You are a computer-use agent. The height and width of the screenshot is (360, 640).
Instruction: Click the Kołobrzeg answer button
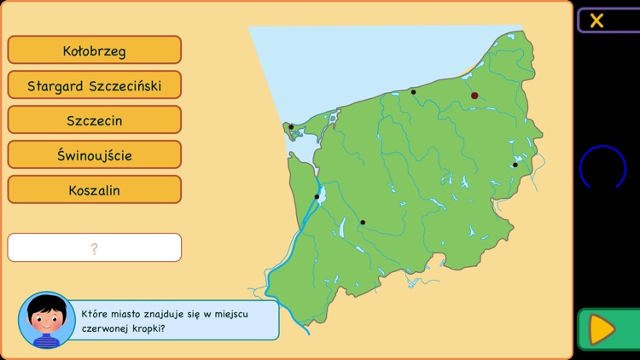point(95,50)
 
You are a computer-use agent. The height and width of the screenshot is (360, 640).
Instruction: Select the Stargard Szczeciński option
point(95,85)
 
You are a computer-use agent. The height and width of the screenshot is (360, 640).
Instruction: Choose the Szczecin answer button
point(95,120)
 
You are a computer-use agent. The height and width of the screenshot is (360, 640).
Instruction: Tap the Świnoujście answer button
point(95,155)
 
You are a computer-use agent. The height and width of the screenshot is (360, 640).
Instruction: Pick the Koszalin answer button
point(95,190)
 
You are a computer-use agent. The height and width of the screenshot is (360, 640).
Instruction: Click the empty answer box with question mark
point(95,247)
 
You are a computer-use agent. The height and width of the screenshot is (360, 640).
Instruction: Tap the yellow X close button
point(597,20)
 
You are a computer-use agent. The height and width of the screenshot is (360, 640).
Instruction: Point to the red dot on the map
point(474,96)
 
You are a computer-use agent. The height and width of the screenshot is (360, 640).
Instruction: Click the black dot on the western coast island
point(291,127)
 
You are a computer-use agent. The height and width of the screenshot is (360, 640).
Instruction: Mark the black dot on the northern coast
point(414,91)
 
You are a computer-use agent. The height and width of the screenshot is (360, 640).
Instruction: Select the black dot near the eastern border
point(515,165)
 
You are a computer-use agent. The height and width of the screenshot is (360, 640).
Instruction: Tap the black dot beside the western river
point(317,197)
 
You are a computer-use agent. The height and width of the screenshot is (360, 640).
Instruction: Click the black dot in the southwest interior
point(363,223)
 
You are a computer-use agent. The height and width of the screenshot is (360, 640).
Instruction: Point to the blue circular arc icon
point(603,165)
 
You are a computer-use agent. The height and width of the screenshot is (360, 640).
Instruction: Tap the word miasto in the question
point(131,313)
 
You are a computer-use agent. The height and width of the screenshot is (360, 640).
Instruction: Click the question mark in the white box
point(94,248)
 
